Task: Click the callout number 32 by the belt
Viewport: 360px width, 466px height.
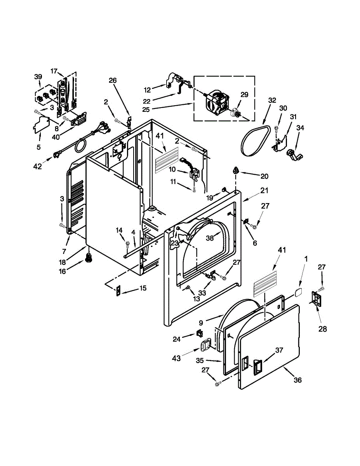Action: (272, 100)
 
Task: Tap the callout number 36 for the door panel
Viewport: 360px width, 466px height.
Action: (297, 380)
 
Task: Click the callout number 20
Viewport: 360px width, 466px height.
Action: (264, 176)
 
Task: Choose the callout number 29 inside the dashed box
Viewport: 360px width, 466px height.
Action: (244, 94)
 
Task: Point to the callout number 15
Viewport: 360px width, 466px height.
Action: (143, 289)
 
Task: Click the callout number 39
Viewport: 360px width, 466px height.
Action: (38, 77)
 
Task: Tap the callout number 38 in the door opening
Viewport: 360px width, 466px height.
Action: (210, 238)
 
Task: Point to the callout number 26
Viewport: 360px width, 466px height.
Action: (113, 81)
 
